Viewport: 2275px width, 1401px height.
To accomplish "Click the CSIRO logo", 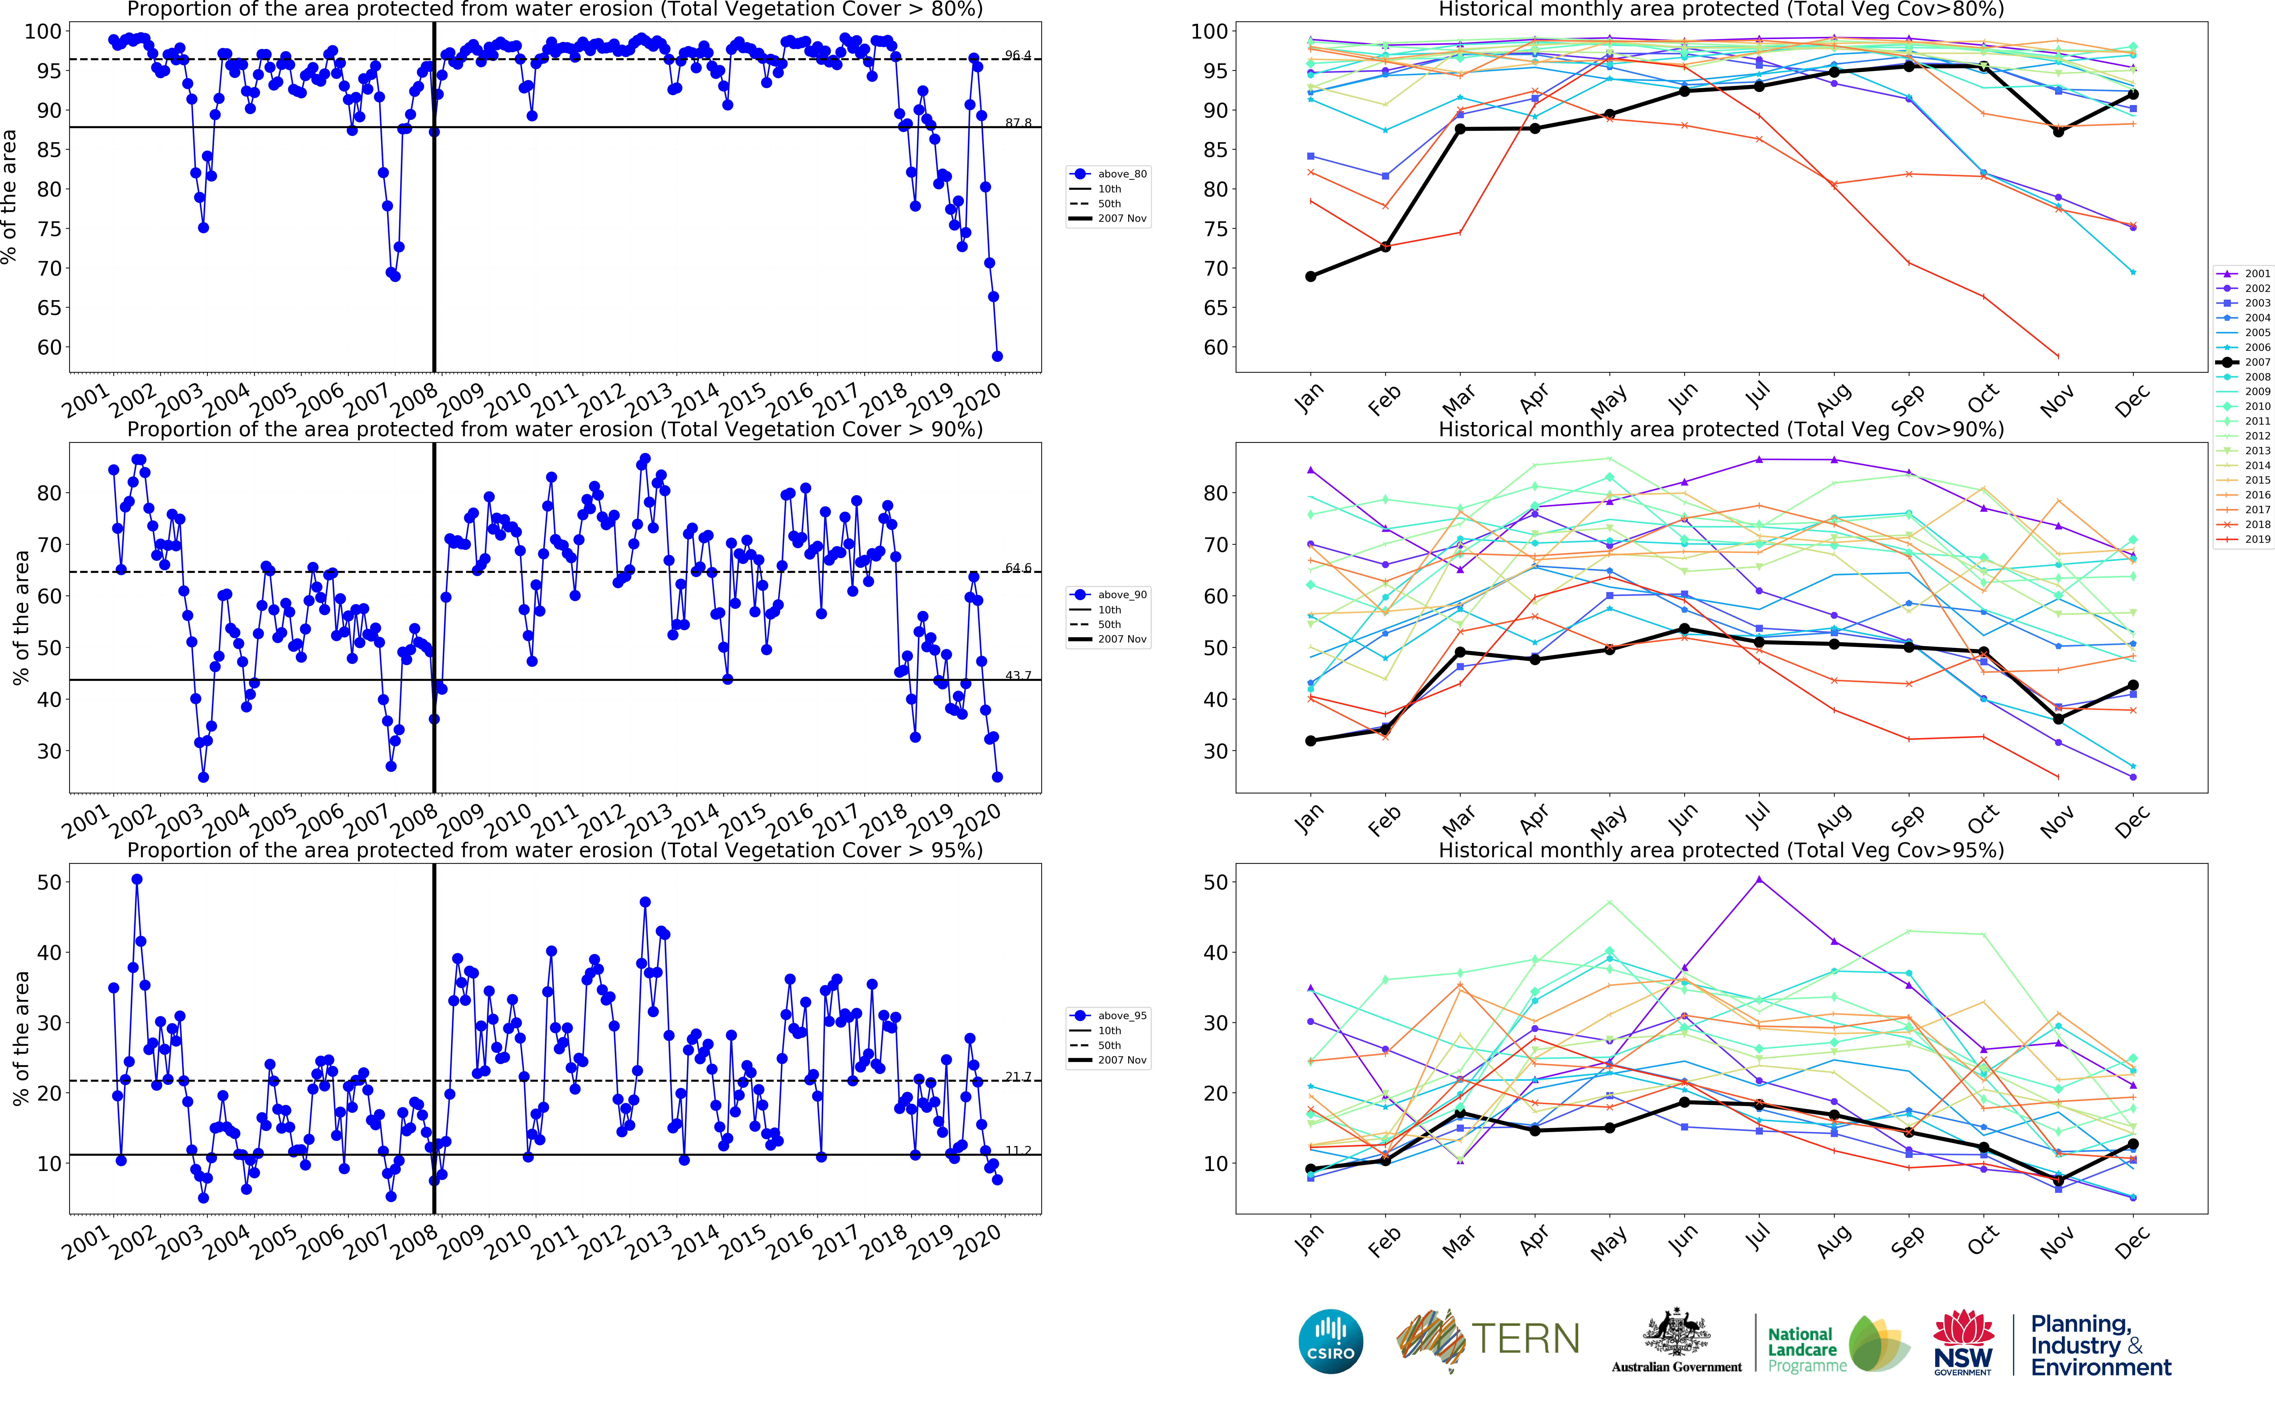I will pos(1331,1342).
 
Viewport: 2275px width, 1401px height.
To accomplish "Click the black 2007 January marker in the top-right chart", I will pos(1310,276).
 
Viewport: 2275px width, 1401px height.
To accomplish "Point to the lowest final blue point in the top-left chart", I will pos(997,356).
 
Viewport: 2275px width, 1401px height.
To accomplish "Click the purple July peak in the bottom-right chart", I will pos(1759,879).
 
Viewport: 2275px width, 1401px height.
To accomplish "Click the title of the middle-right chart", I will pos(1721,429).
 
